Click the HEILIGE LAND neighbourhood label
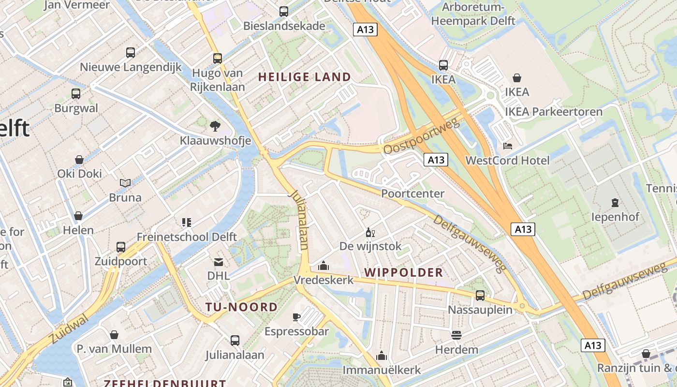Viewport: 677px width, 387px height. [x=304, y=77]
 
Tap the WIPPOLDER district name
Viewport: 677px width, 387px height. [x=404, y=272]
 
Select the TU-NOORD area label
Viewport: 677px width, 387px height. [x=241, y=307]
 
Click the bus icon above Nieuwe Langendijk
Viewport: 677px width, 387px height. [x=130, y=52]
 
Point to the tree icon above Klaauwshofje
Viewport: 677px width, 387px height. [x=215, y=126]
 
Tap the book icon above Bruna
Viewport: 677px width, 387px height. [x=125, y=183]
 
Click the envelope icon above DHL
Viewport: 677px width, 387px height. [x=219, y=262]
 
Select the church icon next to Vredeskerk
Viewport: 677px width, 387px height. [x=324, y=266]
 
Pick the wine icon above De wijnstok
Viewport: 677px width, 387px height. [x=370, y=232]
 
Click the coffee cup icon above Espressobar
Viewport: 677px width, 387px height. [x=296, y=317]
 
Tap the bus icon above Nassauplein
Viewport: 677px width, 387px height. [x=480, y=295]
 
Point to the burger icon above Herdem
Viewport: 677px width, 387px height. [x=456, y=335]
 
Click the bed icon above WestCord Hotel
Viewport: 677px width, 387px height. [x=507, y=146]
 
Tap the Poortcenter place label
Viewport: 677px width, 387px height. [x=412, y=193]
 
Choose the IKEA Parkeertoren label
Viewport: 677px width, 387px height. [x=554, y=112]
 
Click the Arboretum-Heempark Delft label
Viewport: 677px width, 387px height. [x=473, y=15]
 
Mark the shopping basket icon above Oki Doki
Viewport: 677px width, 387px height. [x=79, y=160]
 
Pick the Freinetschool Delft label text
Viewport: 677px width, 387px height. [x=187, y=237]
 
